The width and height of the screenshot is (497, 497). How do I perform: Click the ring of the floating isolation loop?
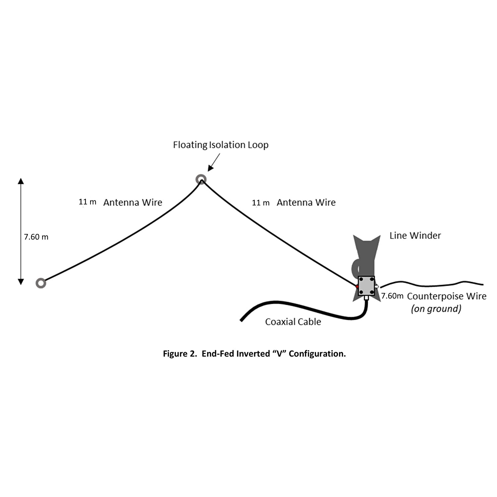201,180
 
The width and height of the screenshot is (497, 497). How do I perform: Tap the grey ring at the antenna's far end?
41,283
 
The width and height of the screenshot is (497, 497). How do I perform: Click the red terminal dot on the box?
357,286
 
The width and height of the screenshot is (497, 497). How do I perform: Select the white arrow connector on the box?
377,286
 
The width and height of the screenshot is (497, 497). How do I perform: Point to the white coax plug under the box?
366,298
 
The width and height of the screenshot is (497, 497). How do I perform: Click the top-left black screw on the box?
361,279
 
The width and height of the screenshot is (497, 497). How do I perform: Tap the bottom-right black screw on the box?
372,292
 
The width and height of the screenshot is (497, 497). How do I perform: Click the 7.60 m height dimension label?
36,237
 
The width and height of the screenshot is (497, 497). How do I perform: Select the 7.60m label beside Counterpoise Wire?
392,296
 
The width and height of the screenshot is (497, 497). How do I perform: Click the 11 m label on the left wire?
87,202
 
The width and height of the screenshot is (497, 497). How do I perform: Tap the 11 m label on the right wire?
261,203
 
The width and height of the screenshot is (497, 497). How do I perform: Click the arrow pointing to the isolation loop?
213,163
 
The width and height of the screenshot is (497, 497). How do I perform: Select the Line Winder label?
415,236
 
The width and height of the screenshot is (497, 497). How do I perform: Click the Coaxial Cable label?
293,322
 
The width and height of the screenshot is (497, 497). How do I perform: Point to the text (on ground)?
436,309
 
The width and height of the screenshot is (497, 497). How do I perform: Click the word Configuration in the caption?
317,354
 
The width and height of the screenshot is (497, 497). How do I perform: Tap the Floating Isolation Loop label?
221,145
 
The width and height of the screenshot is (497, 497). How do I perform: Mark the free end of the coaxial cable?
242,320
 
